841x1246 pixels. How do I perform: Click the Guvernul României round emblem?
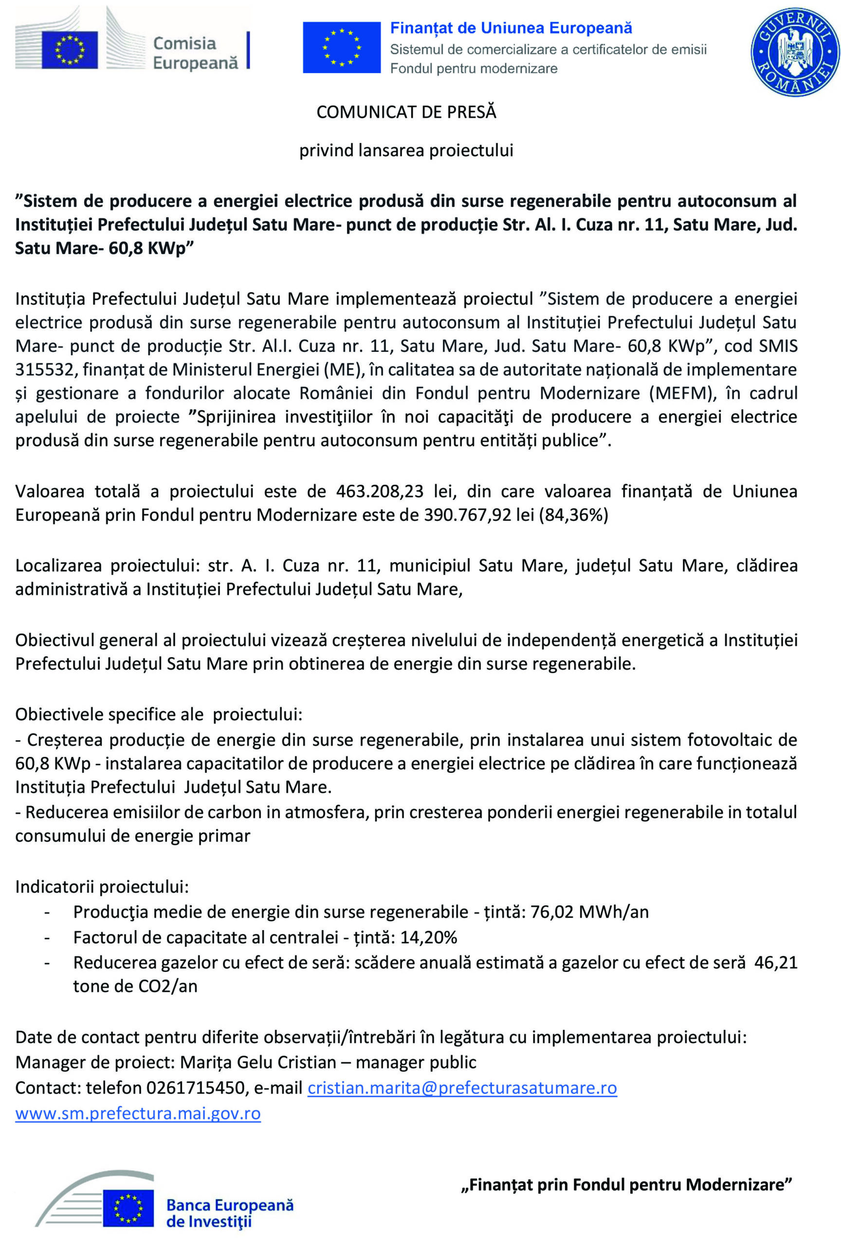794,52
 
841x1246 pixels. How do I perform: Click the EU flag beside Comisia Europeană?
70,50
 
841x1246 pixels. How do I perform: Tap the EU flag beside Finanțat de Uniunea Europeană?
342,47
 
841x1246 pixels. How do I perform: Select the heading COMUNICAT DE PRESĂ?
406,112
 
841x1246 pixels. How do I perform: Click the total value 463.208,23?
380,491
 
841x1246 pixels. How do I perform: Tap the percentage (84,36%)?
573,514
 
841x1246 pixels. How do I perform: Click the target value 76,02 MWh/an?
589,912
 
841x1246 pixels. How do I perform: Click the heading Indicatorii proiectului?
102,886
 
